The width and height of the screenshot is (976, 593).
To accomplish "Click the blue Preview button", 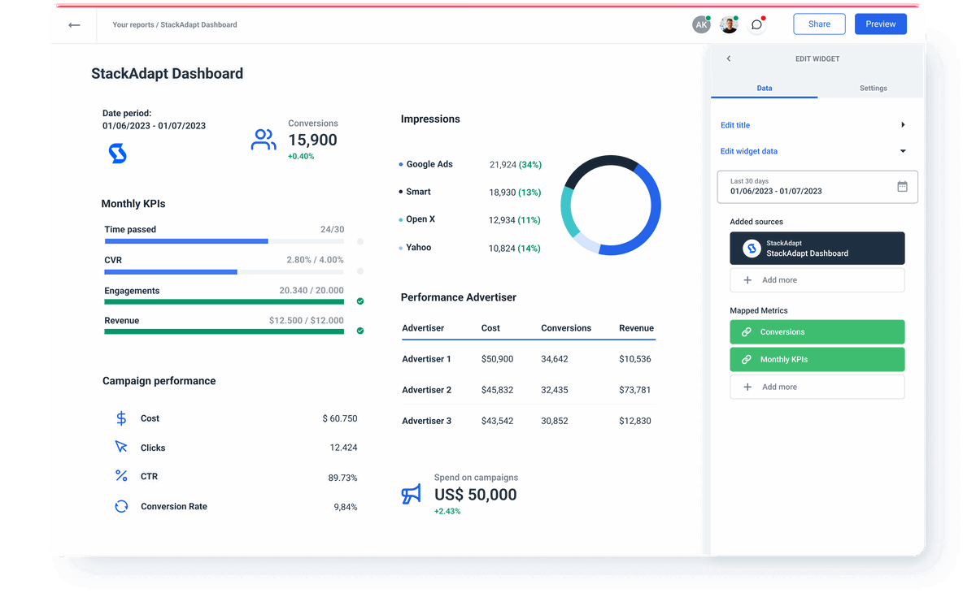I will tap(880, 24).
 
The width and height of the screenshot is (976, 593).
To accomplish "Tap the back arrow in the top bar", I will tap(74, 25).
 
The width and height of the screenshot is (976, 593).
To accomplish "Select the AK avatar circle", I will tap(701, 25).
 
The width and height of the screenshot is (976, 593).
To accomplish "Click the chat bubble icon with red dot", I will tap(756, 25).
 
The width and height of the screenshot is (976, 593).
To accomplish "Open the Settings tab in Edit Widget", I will tap(873, 88).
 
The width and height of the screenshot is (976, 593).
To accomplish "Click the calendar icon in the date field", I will tap(902, 186).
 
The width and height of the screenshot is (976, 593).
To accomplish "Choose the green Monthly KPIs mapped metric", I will tap(817, 359).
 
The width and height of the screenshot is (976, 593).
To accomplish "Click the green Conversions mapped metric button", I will tap(817, 331).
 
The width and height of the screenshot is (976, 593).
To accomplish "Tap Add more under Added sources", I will tap(817, 280).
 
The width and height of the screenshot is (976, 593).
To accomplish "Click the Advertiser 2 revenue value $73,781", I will tap(634, 390).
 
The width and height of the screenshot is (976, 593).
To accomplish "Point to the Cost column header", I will tap(490, 328).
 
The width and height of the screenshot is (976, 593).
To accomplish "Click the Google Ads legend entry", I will tap(429, 164).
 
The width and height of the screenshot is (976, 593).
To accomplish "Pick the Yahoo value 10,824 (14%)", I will tap(514, 248).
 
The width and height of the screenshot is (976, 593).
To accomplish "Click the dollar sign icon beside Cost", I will tap(121, 418).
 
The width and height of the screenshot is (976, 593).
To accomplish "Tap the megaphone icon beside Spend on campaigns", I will tap(412, 494).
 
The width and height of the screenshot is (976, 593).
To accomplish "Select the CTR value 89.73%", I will tap(342, 478).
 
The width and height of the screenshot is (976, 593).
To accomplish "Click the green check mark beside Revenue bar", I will tap(360, 331).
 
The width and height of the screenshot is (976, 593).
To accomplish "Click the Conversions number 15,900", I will tap(312, 140).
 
